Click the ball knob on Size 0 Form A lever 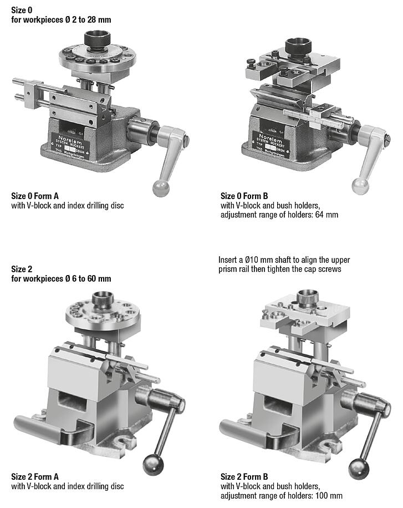coord(161,188)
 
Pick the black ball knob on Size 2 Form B coord(359,469)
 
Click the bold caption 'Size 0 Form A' coord(35,196)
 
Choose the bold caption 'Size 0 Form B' coord(244,196)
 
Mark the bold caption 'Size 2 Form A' coord(35,477)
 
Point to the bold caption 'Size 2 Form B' coord(244,477)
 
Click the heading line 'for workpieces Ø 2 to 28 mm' coord(61,19)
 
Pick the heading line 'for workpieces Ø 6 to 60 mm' coord(61,278)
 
